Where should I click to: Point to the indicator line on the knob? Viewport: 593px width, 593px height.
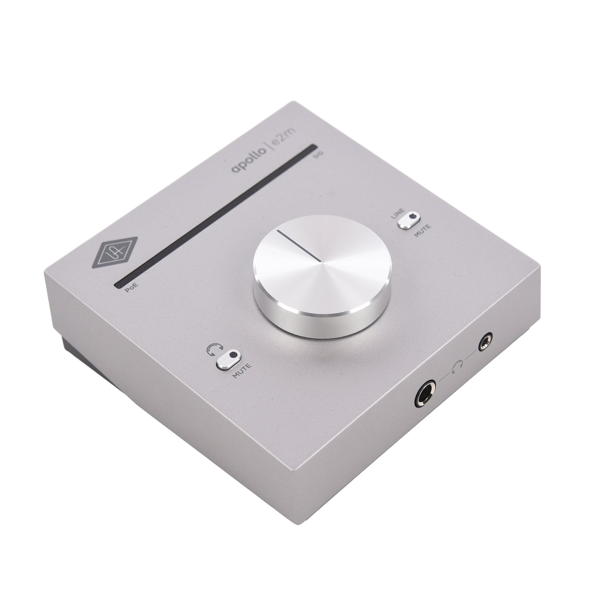click(298, 245)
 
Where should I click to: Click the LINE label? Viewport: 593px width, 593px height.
click(398, 213)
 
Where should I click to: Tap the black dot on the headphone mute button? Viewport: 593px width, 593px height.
click(234, 353)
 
